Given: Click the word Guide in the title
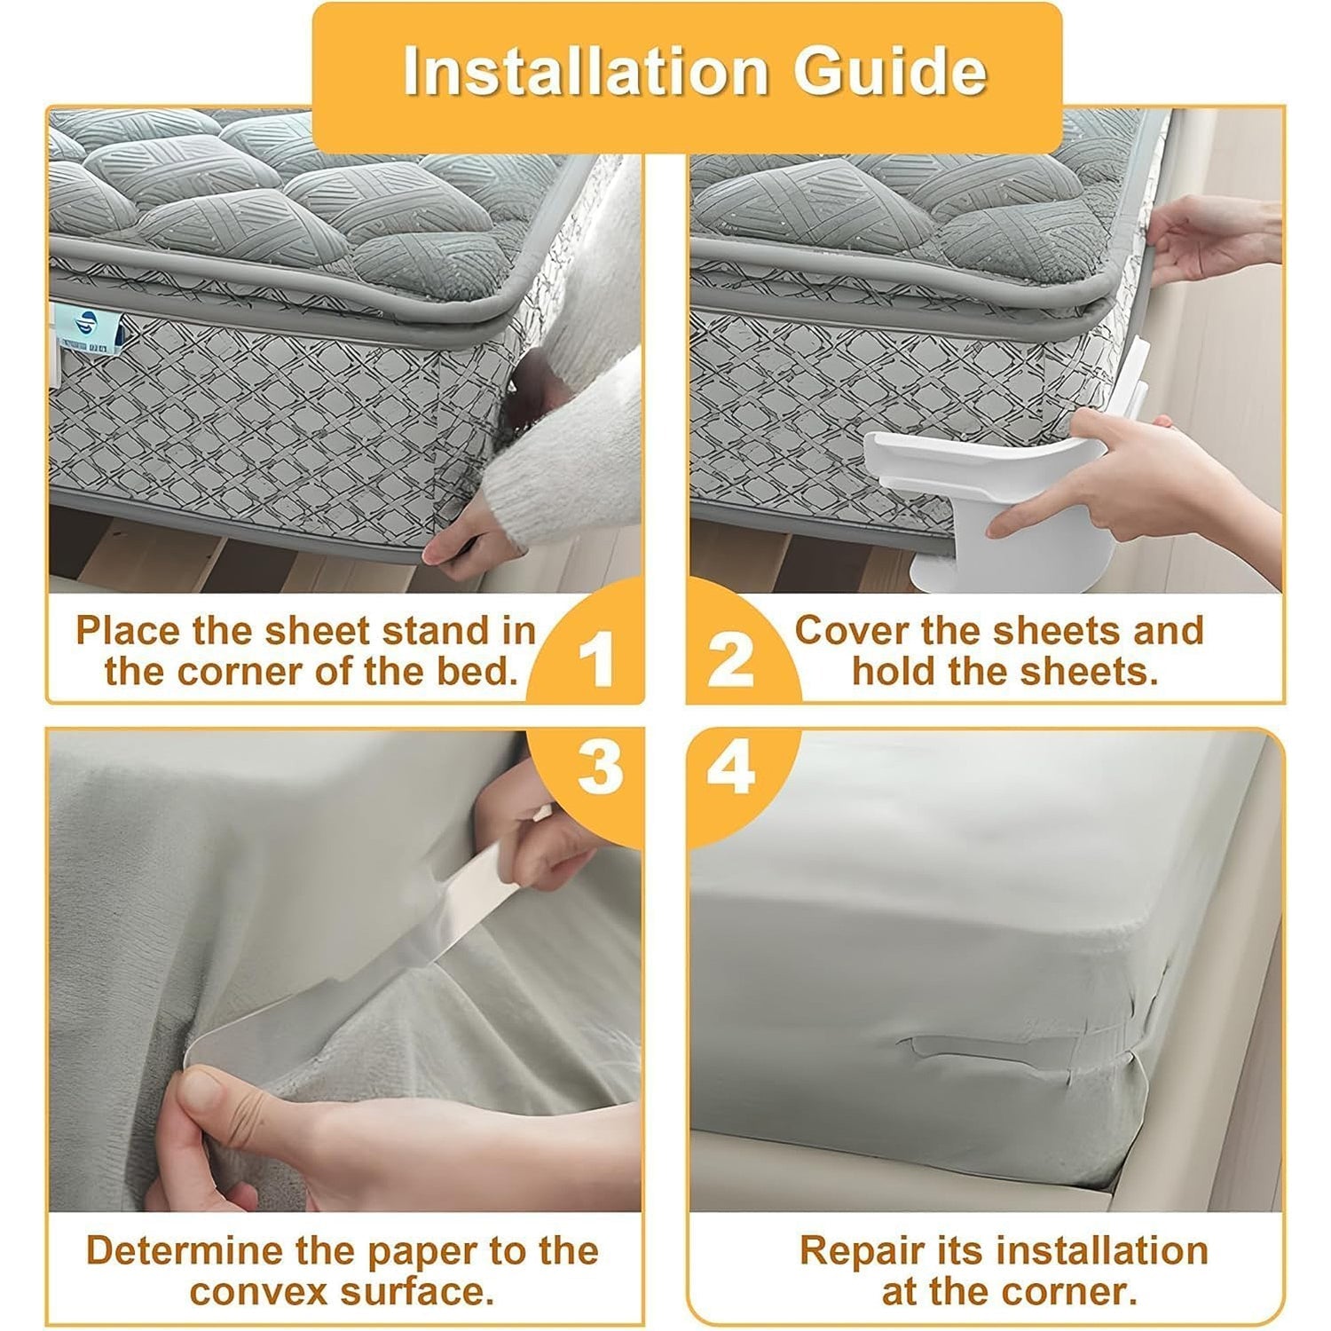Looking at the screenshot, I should point(889,71).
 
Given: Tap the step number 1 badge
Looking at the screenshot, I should point(595,659).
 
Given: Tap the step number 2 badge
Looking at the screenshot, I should point(731,659).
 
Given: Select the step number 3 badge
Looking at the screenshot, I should point(599,767).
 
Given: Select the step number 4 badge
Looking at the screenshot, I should point(731,767).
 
